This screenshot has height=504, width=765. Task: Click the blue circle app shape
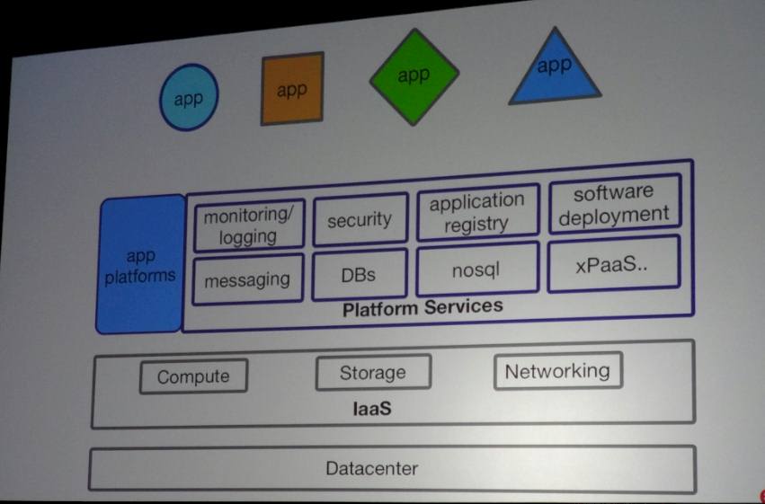tap(189, 98)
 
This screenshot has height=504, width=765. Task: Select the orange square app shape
tap(292, 89)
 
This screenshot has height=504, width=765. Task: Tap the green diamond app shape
tap(414, 75)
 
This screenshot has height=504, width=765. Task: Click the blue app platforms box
tap(139, 266)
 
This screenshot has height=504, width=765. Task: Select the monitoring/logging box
tap(248, 225)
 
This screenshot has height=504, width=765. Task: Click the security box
tap(360, 220)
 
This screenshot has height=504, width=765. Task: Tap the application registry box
tap(476, 213)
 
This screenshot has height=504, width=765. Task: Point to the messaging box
tap(247, 280)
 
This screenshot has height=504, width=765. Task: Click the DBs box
tap(359, 275)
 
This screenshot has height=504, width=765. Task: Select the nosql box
tap(476, 269)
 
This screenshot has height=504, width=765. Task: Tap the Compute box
tap(193, 376)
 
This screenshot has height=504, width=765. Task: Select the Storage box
tap(372, 372)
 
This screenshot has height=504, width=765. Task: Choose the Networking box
tap(557, 370)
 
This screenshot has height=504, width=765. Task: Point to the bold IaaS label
tap(372, 410)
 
